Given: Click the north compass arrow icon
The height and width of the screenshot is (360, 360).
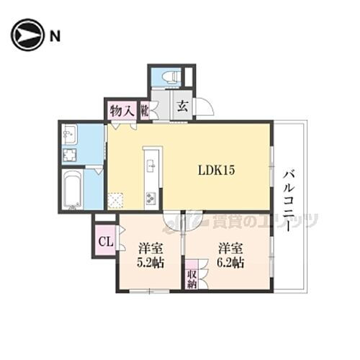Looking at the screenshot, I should click(26, 35).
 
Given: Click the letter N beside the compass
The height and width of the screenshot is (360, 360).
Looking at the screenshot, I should click(54, 35).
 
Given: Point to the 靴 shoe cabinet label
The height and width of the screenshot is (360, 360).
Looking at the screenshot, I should click(144, 110).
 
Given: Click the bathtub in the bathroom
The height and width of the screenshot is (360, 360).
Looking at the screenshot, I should click(72, 190).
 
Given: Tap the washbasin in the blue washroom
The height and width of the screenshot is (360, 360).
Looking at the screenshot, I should click(70, 133).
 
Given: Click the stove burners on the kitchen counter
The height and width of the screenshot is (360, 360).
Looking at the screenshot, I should click(151, 197).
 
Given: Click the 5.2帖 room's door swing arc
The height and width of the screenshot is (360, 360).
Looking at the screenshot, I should click(171, 221).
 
